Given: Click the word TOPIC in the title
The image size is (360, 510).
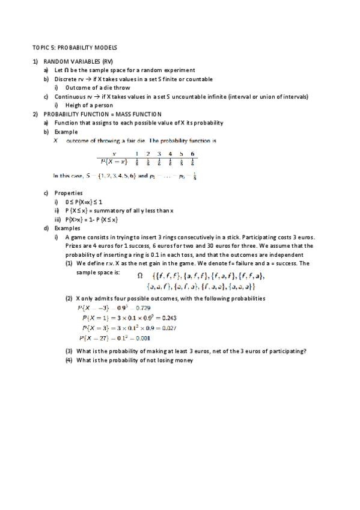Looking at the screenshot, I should [39, 47].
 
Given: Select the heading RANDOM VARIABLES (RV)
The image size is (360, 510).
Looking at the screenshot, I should [78, 62].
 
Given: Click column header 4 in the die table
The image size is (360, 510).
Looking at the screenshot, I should [170, 153].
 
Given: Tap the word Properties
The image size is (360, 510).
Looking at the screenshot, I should [69, 193].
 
